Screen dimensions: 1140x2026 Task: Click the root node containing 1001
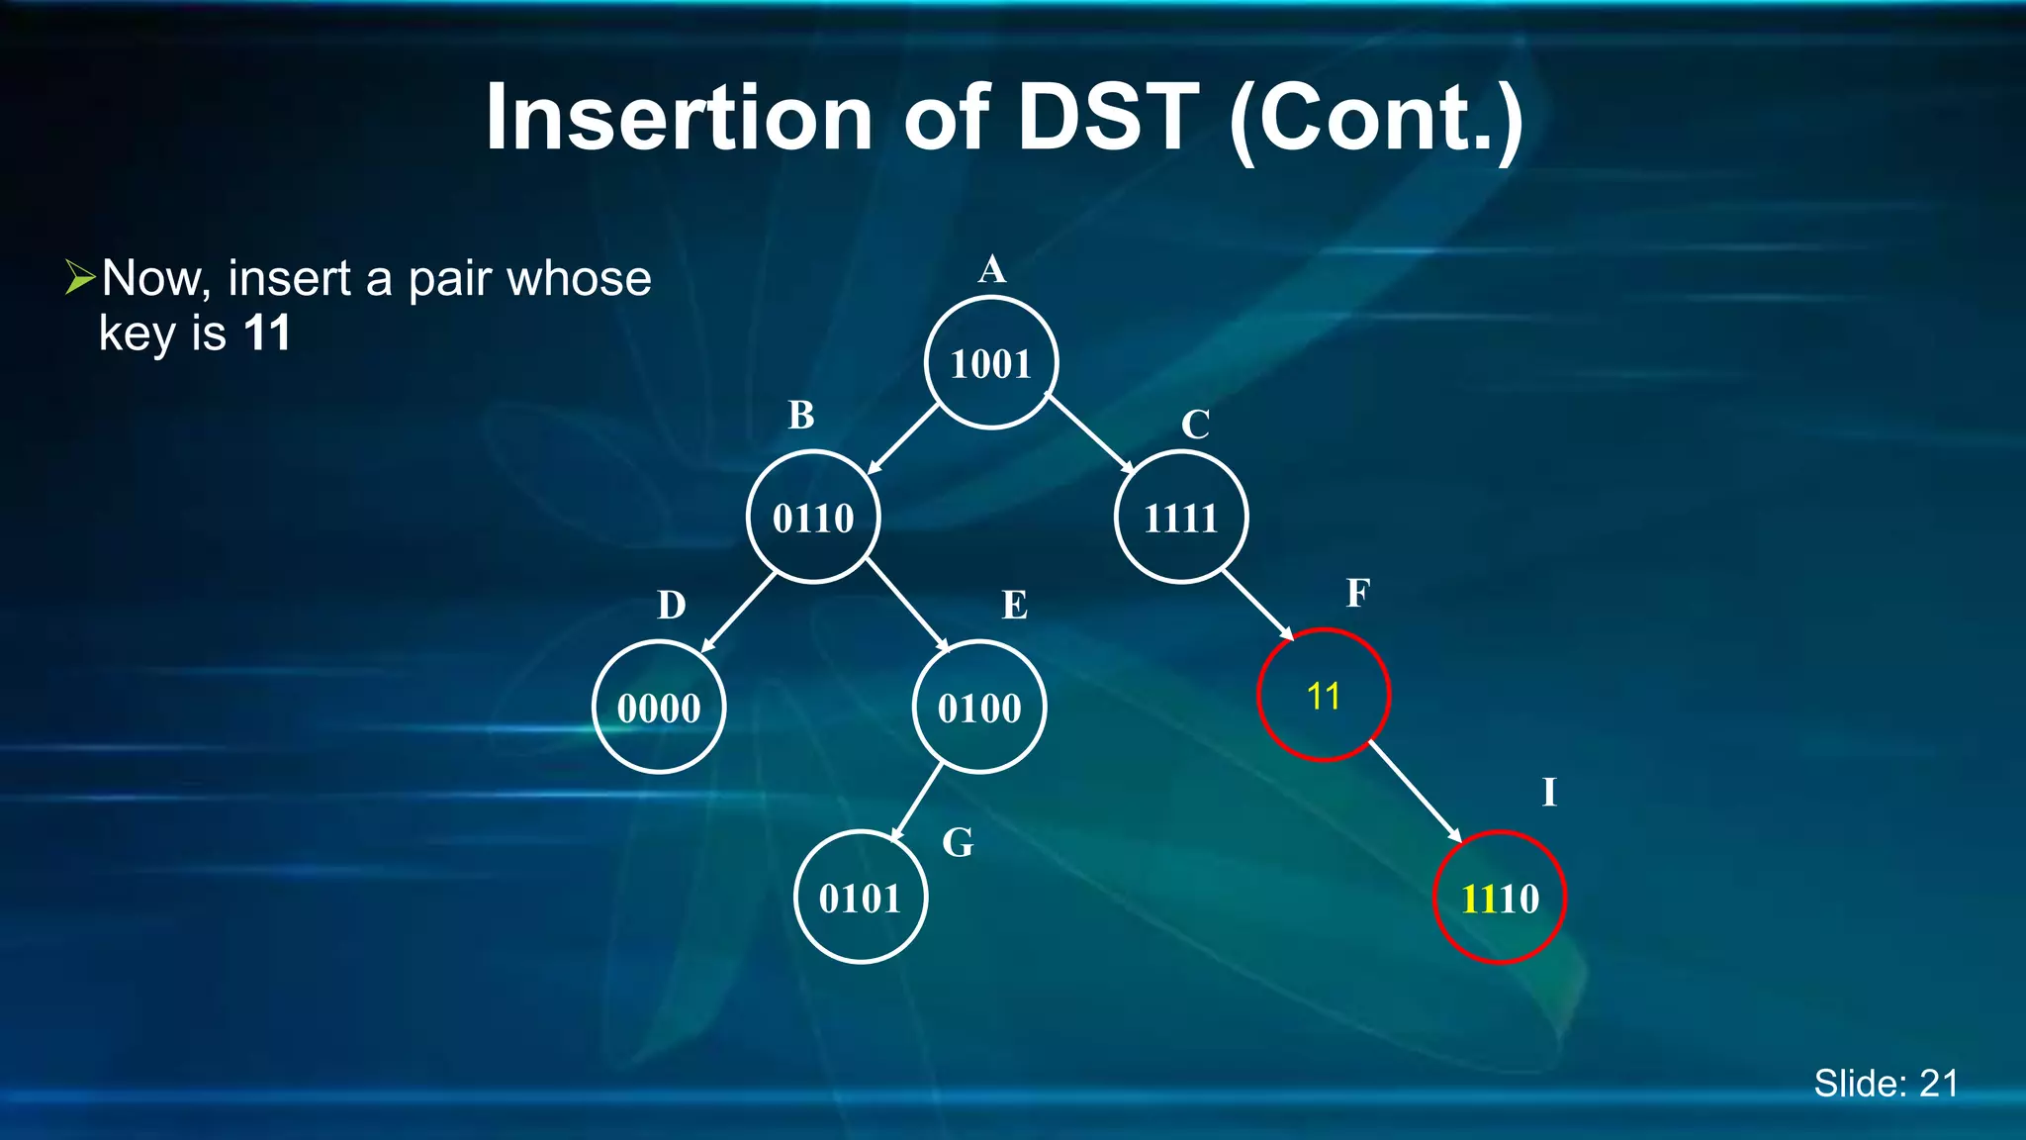(991, 363)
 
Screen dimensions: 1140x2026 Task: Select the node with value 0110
(813, 518)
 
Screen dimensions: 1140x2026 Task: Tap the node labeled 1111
(1180, 518)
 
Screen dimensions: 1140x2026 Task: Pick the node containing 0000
(659, 707)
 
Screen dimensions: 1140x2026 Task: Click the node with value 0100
(979, 707)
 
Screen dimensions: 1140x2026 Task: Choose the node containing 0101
(860, 897)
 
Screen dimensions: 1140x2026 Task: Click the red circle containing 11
(1324, 696)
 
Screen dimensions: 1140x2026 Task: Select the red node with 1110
(1500, 898)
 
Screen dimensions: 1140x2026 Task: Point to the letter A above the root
(992, 269)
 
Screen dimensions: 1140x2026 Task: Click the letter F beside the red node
(1358, 593)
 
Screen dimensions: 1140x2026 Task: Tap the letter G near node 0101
(958, 843)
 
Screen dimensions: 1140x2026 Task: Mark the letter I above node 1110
(1549, 793)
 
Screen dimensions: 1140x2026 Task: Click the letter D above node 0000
(672, 605)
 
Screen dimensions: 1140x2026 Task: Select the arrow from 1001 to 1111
(1089, 433)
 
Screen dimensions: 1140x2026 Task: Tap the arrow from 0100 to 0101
(917, 802)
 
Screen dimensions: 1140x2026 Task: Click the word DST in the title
(1108, 118)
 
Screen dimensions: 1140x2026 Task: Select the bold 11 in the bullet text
(267, 333)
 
